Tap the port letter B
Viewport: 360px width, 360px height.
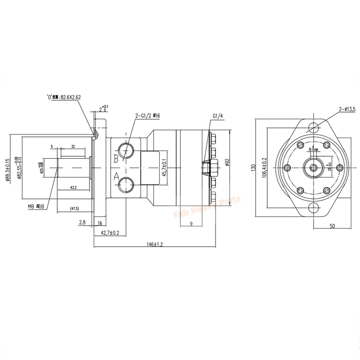pos(116,158)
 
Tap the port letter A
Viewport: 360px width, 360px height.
pos(116,177)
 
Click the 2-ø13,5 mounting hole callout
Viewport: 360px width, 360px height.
pos(346,109)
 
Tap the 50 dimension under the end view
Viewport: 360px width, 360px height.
pos(332,226)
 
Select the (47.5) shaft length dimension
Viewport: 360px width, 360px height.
pos(75,209)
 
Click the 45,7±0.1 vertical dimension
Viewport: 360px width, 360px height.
pos(165,167)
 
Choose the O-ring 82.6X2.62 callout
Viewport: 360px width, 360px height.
pos(65,96)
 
